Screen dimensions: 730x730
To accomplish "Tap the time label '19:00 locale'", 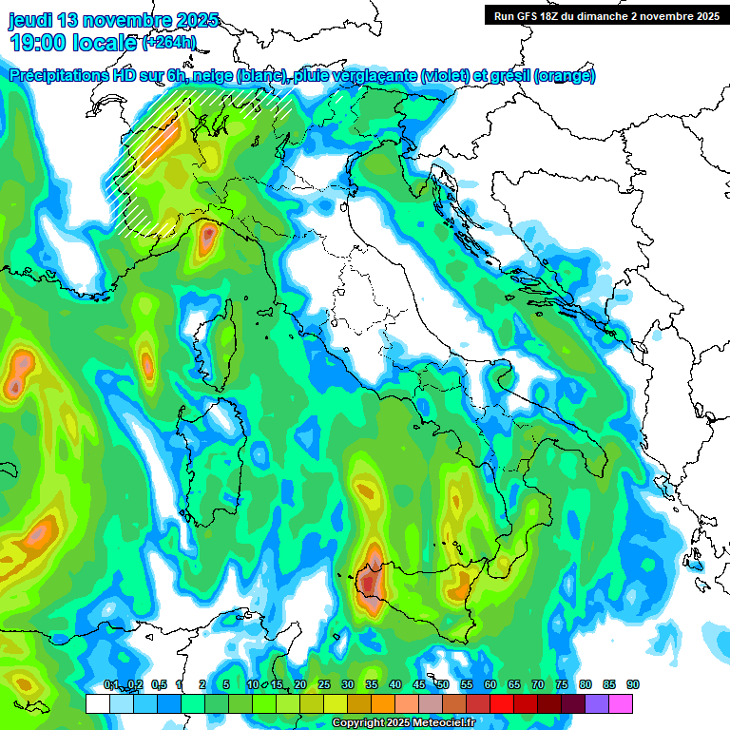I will (72, 42).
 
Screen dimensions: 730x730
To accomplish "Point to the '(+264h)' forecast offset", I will (169, 42).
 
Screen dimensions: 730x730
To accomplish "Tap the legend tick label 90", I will (632, 684).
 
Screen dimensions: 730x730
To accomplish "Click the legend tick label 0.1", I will (110, 684).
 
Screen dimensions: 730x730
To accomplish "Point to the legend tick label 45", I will (419, 684).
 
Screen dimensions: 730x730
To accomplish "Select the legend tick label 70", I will (538, 684).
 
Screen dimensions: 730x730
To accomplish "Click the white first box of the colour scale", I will (97, 703).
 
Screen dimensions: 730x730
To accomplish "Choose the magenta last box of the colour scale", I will (621, 703).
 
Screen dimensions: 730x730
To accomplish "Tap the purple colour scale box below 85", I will (597, 703).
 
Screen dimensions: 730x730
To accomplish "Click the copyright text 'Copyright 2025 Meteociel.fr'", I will (402, 722).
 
